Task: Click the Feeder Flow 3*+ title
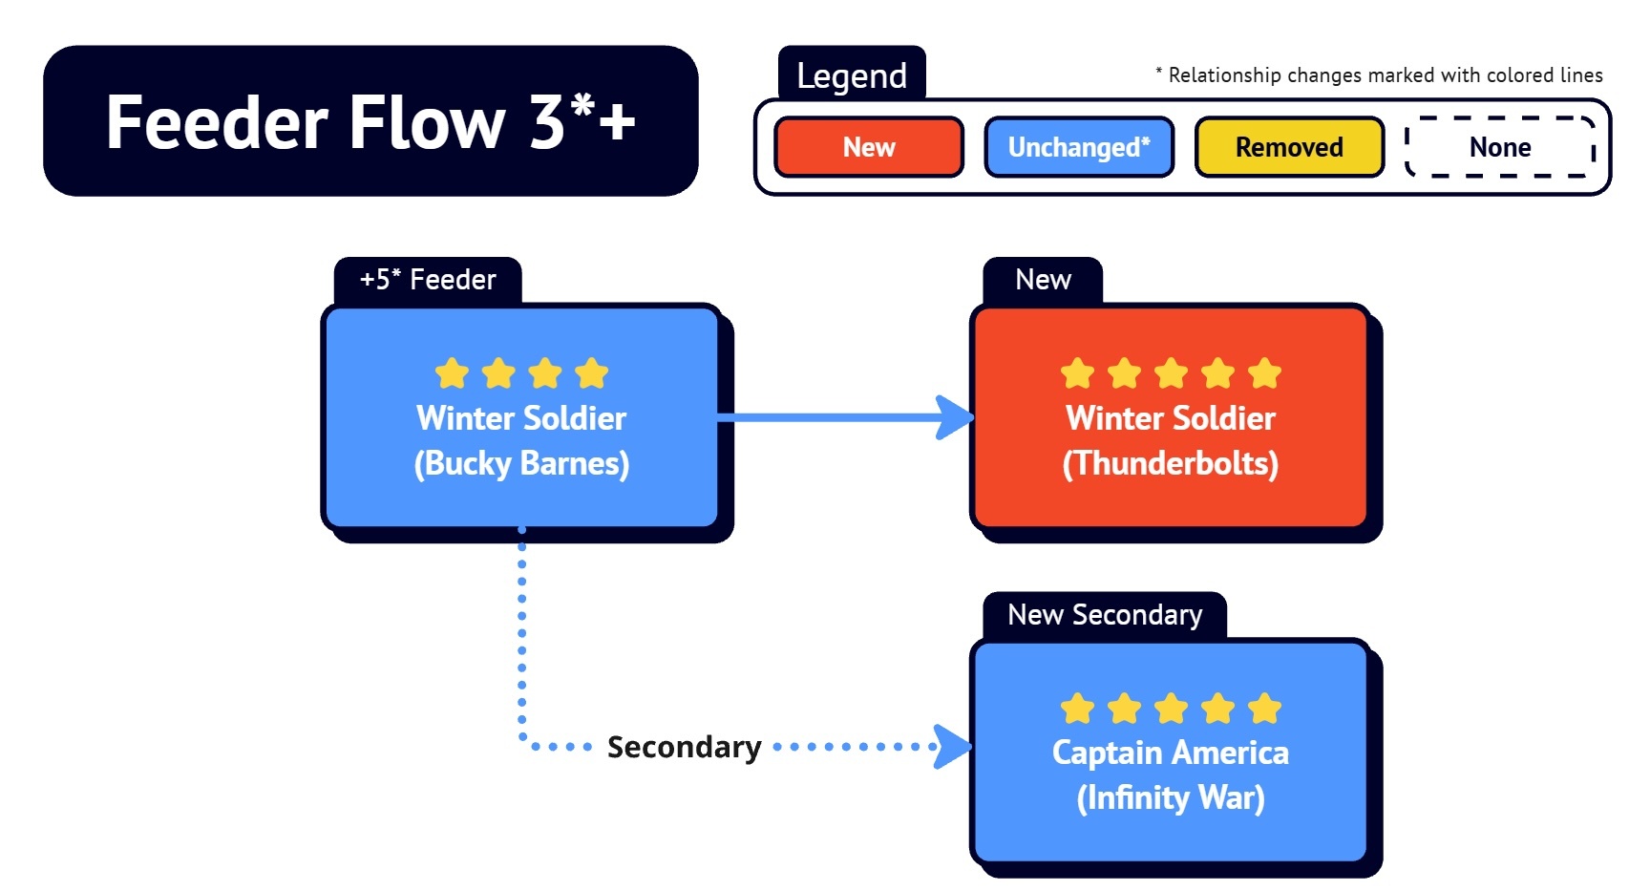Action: (370, 121)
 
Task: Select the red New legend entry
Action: (868, 147)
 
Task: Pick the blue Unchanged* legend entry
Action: (1079, 147)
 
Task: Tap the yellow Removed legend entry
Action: (1289, 147)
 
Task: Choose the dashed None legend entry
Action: (1500, 147)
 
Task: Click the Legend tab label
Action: (852, 75)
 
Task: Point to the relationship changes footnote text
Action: (1379, 75)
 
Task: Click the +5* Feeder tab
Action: (428, 280)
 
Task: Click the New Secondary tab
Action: (1105, 615)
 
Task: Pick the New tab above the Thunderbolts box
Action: (1043, 280)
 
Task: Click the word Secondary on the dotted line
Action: (684, 747)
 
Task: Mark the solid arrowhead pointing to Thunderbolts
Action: (955, 417)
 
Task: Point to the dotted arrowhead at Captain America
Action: (953, 747)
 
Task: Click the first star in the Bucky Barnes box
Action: (452, 373)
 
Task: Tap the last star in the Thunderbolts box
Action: (1264, 373)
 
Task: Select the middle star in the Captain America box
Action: (1171, 709)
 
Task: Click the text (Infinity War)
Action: (1171, 797)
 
